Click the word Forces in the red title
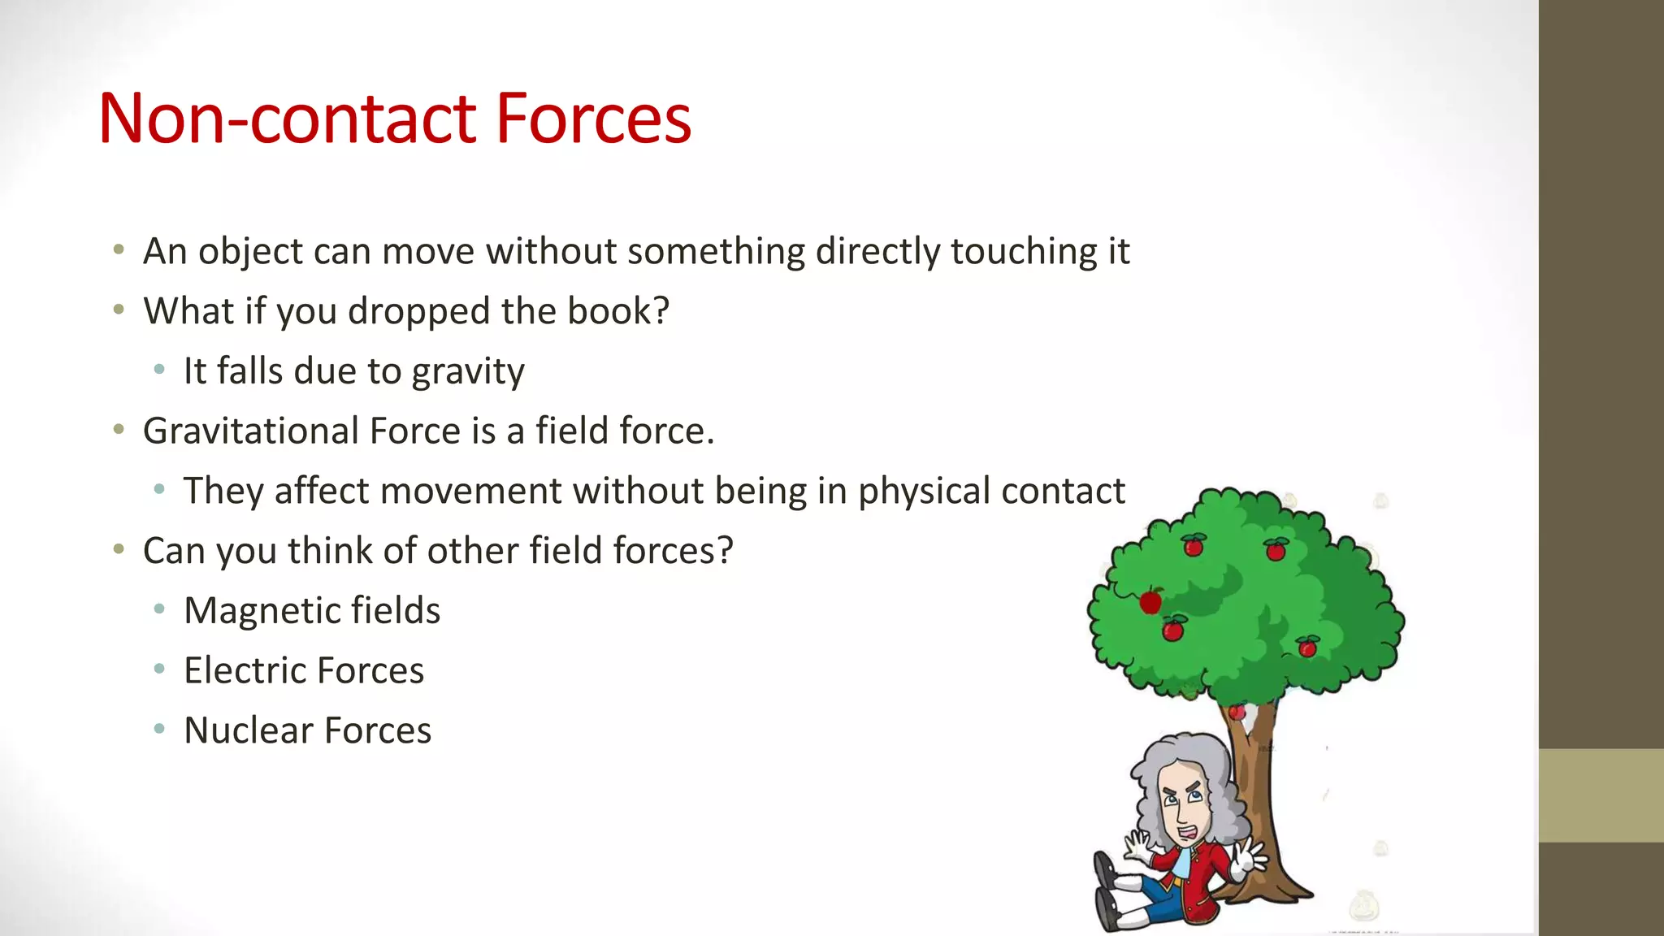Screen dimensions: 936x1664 [x=593, y=119]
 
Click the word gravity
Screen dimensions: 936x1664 [x=468, y=372]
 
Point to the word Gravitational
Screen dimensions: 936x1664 [x=251, y=431]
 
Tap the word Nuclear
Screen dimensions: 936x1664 [x=249, y=730]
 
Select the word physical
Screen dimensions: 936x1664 [x=925, y=492]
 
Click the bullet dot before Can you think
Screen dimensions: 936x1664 [x=119, y=550]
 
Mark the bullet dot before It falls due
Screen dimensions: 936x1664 [x=159, y=370]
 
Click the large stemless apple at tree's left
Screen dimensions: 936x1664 [x=1150, y=602]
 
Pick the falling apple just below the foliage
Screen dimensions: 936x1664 [x=1237, y=713]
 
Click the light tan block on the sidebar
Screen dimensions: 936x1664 [x=1601, y=795]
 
